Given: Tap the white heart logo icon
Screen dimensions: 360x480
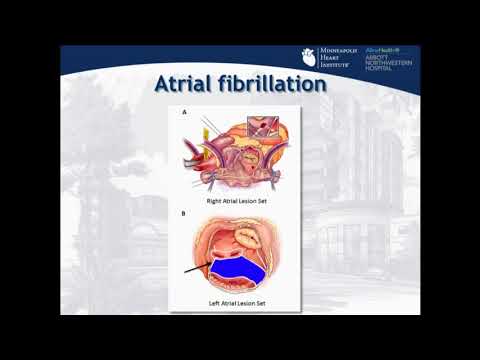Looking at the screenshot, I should pos(308,59).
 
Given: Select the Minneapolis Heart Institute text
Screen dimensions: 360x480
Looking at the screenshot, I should pos(337,59).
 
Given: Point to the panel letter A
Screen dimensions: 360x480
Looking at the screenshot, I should pos(183,113).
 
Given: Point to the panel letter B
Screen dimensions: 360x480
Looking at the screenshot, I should pos(183,213).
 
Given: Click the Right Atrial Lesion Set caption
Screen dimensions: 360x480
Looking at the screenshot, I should pos(240,200).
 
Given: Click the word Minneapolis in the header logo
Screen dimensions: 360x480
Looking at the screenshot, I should pos(338,51).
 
